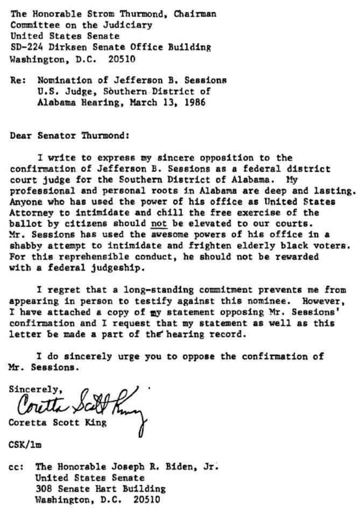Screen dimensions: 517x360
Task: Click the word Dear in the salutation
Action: click(x=20, y=136)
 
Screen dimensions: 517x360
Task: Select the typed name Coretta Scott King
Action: click(x=58, y=423)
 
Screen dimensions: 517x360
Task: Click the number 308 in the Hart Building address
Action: click(x=44, y=489)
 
